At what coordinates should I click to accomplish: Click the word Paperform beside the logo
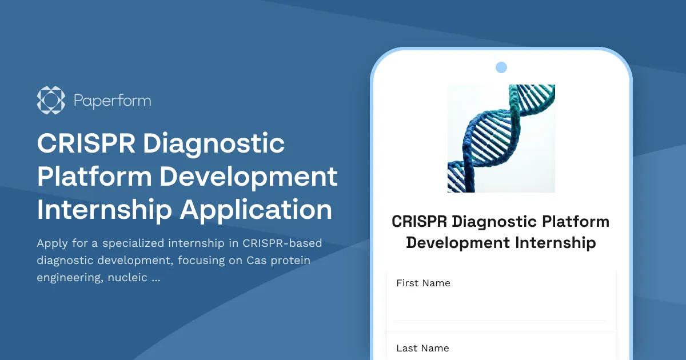[113, 101]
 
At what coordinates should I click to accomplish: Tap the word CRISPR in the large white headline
[86, 143]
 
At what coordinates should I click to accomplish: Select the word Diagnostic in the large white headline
[214, 143]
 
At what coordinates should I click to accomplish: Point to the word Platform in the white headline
[94, 177]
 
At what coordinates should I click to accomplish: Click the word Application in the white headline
[256, 210]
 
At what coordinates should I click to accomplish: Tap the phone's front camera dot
[501, 67]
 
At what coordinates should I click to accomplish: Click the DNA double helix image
[501, 138]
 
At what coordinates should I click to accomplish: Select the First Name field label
[423, 283]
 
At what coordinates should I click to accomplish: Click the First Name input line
[501, 311]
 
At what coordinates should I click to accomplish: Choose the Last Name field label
[422, 349]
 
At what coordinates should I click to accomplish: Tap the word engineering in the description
[70, 278]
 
